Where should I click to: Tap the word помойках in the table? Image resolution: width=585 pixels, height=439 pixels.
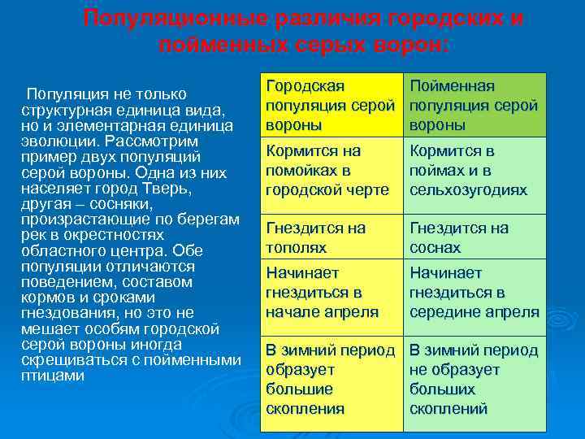pyautogui.click(x=300, y=170)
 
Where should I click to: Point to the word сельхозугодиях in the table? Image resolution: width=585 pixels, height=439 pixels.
pyautogui.click(x=468, y=189)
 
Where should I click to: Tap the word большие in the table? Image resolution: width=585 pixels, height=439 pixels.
pyautogui.click(x=300, y=389)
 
